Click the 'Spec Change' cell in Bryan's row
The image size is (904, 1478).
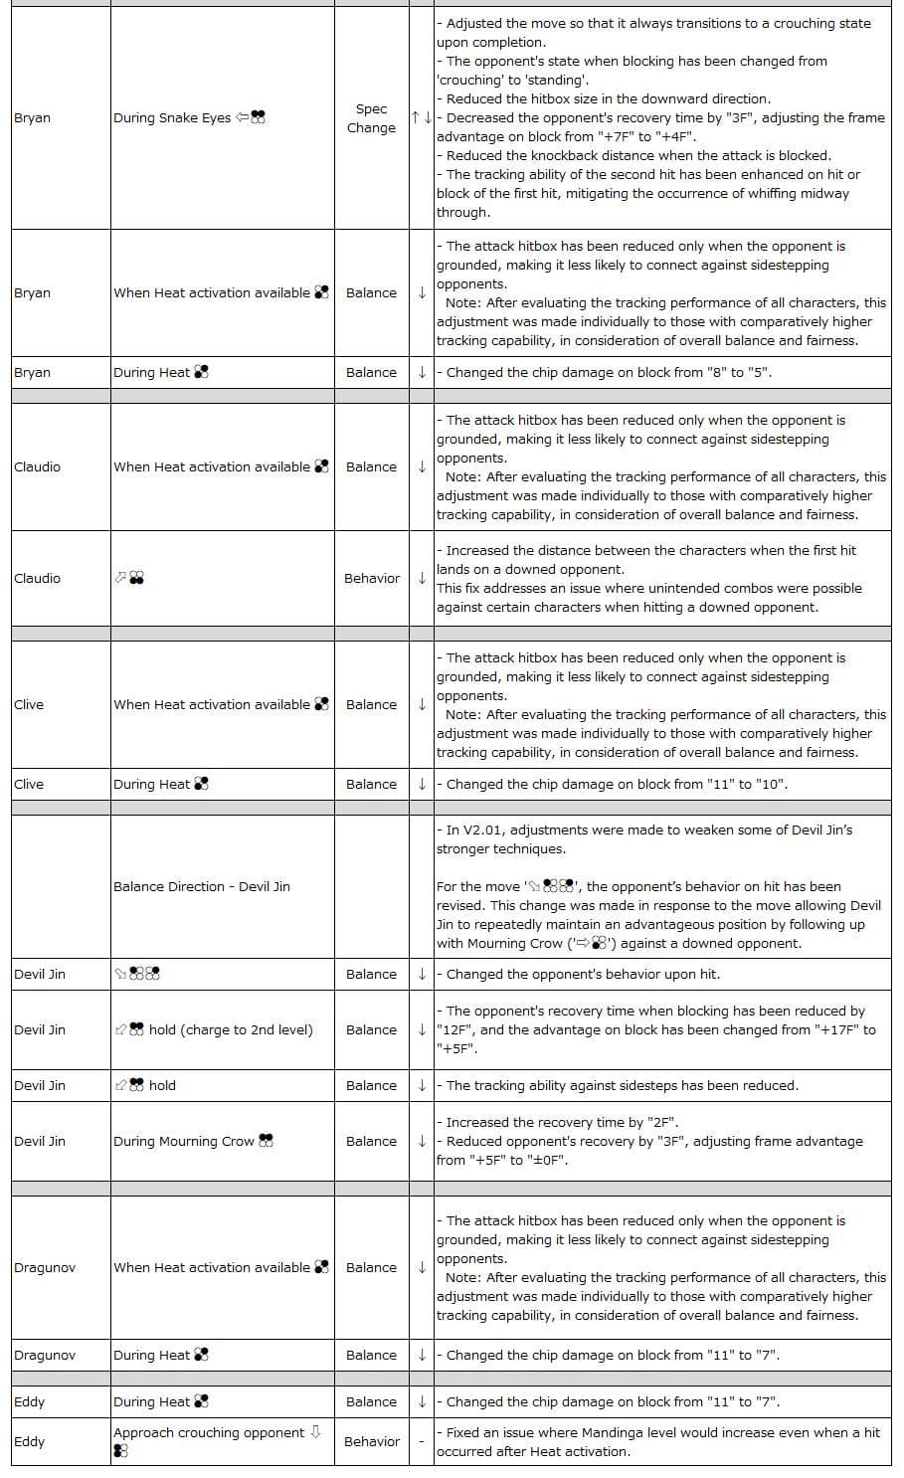(x=371, y=118)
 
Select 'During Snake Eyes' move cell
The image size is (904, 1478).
(x=189, y=118)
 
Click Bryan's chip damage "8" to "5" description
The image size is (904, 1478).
(x=609, y=373)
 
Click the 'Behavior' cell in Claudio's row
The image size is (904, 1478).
(x=371, y=579)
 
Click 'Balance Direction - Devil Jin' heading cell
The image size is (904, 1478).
(x=202, y=887)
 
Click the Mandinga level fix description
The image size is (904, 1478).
(x=657, y=1442)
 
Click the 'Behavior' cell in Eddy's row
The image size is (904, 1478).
(x=371, y=1442)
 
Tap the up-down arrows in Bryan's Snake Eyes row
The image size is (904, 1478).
(x=421, y=118)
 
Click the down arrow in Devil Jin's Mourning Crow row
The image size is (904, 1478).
(x=422, y=1142)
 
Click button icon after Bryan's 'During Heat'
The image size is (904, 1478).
(x=201, y=373)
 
